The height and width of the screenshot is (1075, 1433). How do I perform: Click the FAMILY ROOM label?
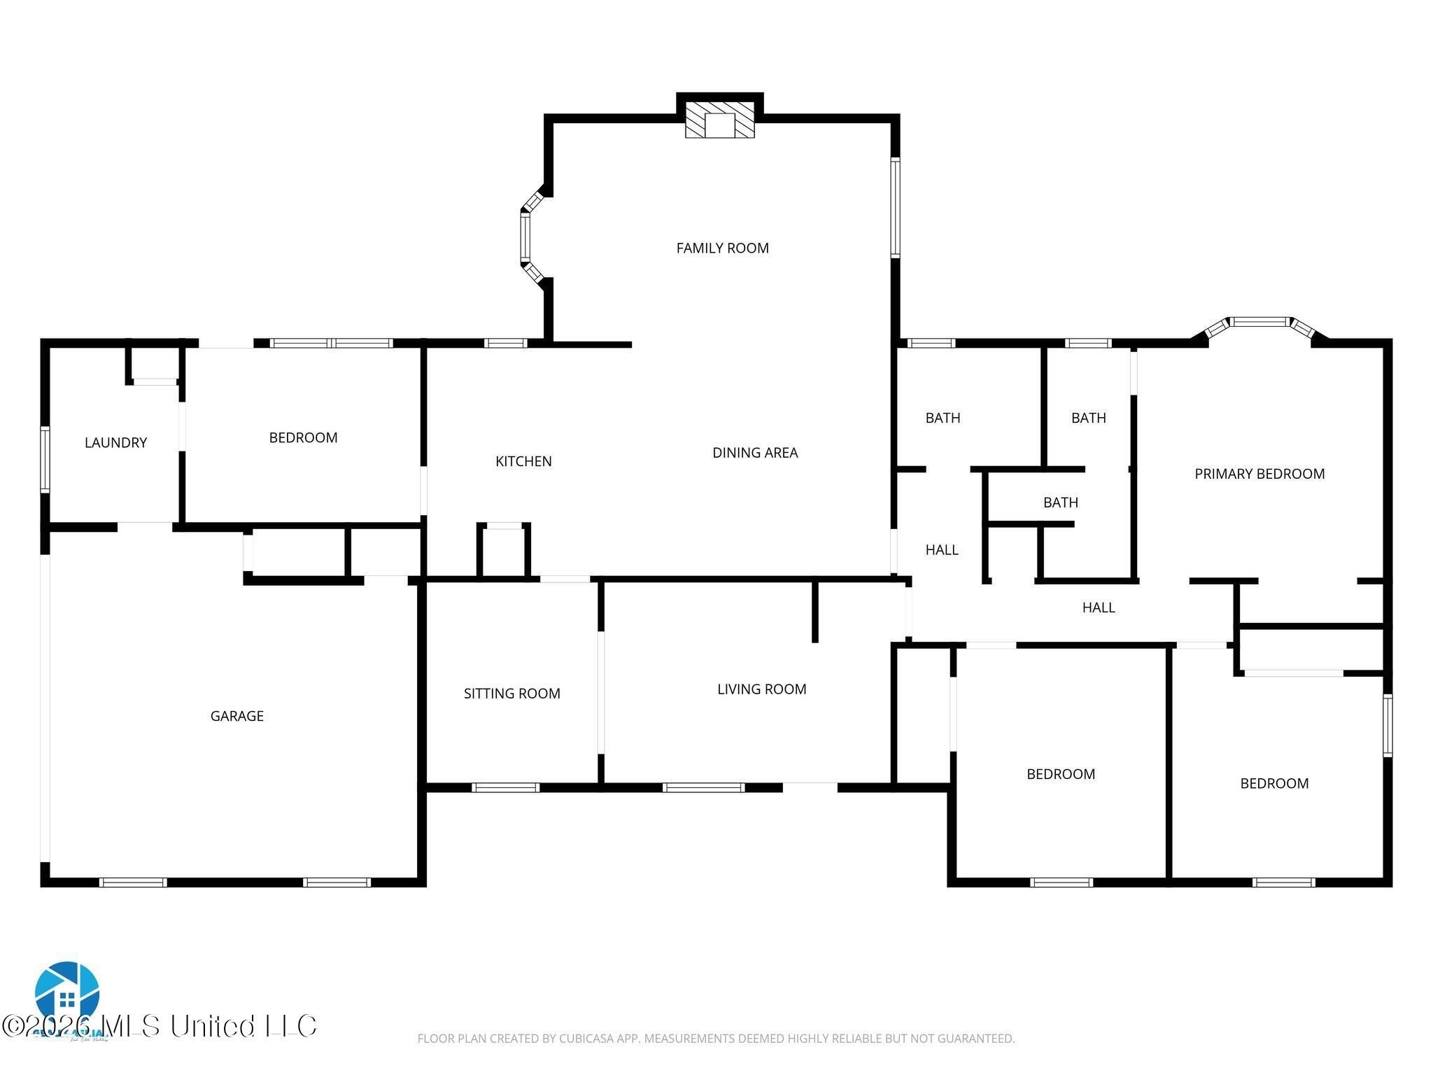(722, 248)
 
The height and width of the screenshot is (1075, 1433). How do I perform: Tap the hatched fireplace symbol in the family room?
(720, 120)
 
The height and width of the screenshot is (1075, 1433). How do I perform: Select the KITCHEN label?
(523, 461)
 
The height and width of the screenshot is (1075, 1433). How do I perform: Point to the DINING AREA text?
(755, 453)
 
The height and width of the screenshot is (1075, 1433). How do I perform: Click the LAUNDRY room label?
(115, 442)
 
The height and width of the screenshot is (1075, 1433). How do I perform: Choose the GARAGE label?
(237, 716)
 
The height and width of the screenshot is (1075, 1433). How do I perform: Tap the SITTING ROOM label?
(511, 694)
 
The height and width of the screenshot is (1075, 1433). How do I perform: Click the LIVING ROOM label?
(761, 689)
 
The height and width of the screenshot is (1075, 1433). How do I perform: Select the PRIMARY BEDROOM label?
(1259, 474)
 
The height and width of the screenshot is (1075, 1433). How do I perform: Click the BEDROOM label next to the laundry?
(303, 437)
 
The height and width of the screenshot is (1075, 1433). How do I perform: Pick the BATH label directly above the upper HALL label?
(943, 418)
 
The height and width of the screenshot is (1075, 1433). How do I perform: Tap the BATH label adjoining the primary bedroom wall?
(1088, 418)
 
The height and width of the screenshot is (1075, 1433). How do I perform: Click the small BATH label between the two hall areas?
(1060, 503)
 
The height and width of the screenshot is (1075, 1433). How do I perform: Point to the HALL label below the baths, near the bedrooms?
(1098, 607)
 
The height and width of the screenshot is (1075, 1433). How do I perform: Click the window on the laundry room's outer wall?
(45, 459)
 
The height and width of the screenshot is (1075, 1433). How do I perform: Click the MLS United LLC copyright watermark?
(160, 1026)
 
